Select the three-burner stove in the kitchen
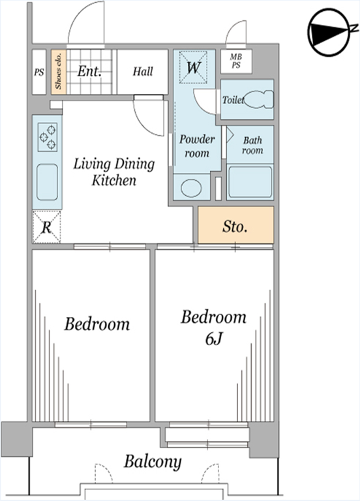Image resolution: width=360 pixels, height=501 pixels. pos(48,137)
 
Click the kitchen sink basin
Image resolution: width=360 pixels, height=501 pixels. pos(47,183)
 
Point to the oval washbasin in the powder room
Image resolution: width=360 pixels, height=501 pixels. pos(191,188)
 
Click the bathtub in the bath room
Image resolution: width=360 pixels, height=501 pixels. pos(250,182)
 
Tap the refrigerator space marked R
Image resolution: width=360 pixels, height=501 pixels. pos(47,227)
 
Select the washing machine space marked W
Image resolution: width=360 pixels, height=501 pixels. pos(193,67)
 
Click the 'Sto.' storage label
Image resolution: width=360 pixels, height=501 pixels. pos(235,226)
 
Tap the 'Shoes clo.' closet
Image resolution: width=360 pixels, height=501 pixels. pos(59,72)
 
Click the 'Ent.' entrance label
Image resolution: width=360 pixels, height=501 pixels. pos(89,71)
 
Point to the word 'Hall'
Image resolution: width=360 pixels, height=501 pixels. pos(143,71)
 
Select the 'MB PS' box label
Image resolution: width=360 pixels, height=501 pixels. pos(236,61)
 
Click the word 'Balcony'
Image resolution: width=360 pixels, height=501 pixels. pos(153,462)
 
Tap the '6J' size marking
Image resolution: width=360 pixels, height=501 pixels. pos(213,339)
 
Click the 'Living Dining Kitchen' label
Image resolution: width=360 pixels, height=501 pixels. pos(114,172)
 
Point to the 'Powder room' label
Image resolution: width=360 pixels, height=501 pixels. pos(197,146)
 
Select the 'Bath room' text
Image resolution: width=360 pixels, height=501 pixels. pos(252,145)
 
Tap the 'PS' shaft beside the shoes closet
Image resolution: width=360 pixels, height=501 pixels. pos(39,72)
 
